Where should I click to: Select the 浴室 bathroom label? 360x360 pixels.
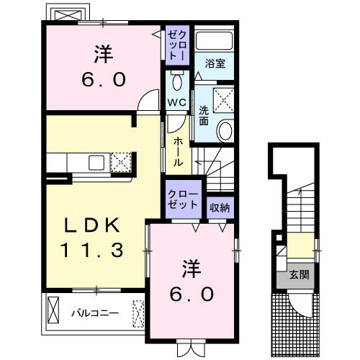[215, 63]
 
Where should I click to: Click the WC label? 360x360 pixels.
[176, 102]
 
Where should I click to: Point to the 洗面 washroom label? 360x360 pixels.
[204, 116]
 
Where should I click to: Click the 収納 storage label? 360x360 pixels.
[220, 207]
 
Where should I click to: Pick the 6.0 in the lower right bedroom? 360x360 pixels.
[193, 293]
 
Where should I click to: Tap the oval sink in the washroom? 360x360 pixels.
[225, 130]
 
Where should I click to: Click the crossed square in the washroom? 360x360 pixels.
[223, 97]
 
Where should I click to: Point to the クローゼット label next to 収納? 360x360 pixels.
[183, 199]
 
